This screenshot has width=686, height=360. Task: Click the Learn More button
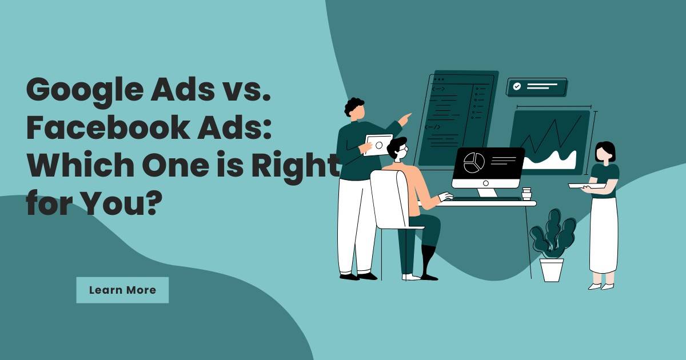click(x=122, y=290)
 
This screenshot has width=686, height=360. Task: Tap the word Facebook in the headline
click(x=108, y=127)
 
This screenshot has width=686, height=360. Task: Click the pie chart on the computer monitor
click(x=474, y=162)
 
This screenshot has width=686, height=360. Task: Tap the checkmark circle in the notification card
click(x=517, y=87)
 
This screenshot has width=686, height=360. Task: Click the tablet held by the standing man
click(x=378, y=145)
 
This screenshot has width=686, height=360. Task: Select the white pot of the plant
click(x=551, y=270)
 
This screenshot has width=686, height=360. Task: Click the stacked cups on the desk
click(x=527, y=194)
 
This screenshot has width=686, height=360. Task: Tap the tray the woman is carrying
click(x=587, y=186)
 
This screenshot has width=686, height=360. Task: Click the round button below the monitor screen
click(x=486, y=183)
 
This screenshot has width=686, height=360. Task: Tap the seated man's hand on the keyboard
click(x=445, y=196)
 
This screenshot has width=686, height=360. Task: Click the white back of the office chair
click(x=388, y=199)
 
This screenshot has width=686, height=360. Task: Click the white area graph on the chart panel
click(x=550, y=160)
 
